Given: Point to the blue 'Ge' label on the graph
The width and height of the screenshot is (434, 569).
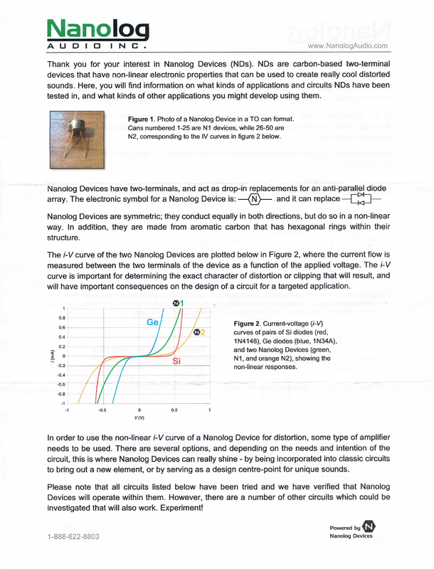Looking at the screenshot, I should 152,322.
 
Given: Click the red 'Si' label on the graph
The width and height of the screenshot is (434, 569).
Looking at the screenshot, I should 179,361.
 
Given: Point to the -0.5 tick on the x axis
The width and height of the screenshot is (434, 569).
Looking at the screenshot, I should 102,410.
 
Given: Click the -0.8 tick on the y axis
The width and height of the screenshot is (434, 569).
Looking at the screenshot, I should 62,393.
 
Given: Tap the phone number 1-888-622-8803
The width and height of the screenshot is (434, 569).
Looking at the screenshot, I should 73,536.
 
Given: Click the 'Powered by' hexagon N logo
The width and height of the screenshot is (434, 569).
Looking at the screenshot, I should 369,527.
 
